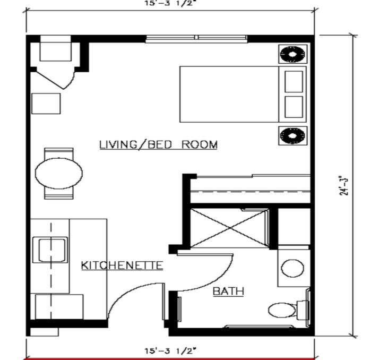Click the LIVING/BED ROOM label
point(158,144)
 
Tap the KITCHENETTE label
point(122,265)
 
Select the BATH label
point(228,291)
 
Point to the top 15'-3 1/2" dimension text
point(170,3)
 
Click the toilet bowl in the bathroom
point(282,310)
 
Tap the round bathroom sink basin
point(292,268)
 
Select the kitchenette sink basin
point(50,250)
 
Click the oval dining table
point(59,173)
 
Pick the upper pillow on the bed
point(294,81)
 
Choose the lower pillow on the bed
point(294,107)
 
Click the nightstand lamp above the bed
point(292,54)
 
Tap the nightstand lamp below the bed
point(292,135)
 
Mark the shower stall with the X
point(229,228)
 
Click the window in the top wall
point(196,39)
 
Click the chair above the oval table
point(59,153)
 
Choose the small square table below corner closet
point(46,104)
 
